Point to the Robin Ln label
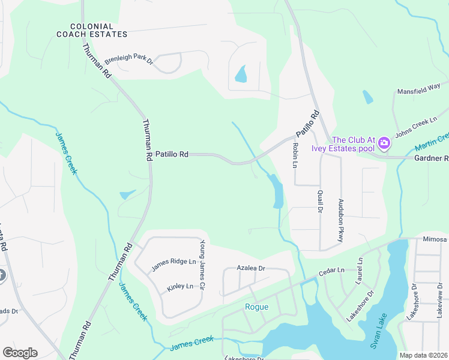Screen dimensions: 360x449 coord(295,155)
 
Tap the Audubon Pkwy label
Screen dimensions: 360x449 coord(340,220)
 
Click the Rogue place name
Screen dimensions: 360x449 coord(256,307)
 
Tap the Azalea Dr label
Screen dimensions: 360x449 coord(250,268)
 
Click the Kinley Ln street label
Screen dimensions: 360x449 coord(179,287)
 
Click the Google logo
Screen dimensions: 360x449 coord(20,353)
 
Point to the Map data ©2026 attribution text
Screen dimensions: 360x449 coord(424,355)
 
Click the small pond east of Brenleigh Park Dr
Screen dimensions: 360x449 coord(241,74)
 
